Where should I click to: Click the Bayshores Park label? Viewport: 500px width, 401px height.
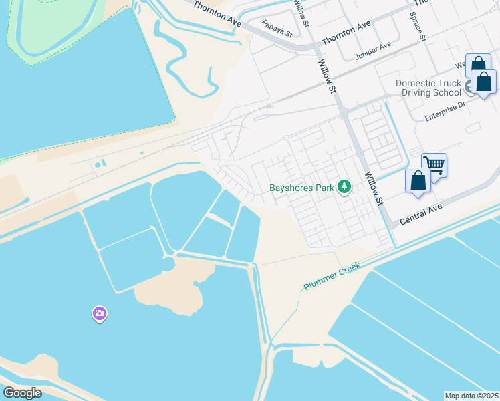(x=301, y=188)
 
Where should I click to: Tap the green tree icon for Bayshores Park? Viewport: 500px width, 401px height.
(x=344, y=187)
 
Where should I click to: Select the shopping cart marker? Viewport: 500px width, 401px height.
(x=434, y=164)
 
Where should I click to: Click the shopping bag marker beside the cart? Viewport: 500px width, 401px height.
(x=418, y=180)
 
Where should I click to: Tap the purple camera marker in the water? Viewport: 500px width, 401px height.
(x=99, y=313)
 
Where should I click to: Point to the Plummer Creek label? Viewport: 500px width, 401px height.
(x=332, y=275)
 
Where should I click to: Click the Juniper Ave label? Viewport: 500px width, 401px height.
(x=373, y=48)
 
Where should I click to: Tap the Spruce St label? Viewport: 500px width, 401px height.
(x=418, y=26)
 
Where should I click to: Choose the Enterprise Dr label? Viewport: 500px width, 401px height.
(x=445, y=111)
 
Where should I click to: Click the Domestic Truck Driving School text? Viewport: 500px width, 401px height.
(x=428, y=88)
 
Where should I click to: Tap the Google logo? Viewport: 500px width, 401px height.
(x=22, y=393)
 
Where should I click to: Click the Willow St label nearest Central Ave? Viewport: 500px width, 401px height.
(x=374, y=188)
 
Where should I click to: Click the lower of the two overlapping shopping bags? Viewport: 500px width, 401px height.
(x=484, y=81)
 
